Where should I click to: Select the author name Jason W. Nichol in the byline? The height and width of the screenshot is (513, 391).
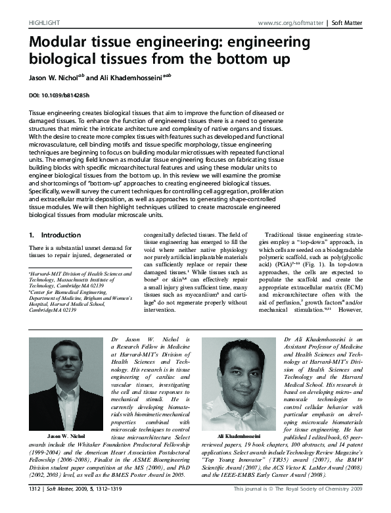(54, 77)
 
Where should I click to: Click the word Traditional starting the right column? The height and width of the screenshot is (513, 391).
(278, 234)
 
